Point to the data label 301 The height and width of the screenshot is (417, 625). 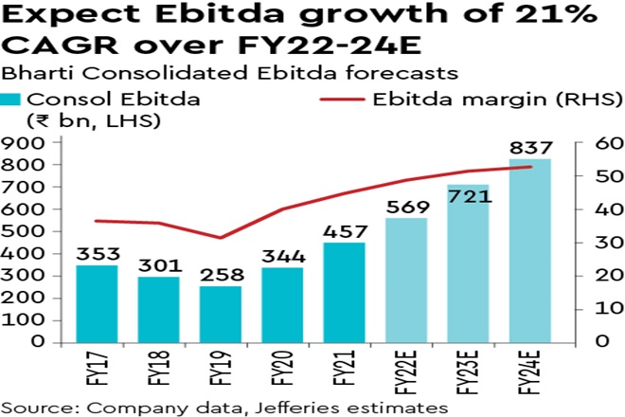coord(159,265)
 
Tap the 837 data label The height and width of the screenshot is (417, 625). coord(530,147)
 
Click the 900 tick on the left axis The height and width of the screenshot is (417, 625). coord(26,143)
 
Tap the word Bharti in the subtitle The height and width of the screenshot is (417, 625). coord(28,72)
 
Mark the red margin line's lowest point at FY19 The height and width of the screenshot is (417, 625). coord(222,238)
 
